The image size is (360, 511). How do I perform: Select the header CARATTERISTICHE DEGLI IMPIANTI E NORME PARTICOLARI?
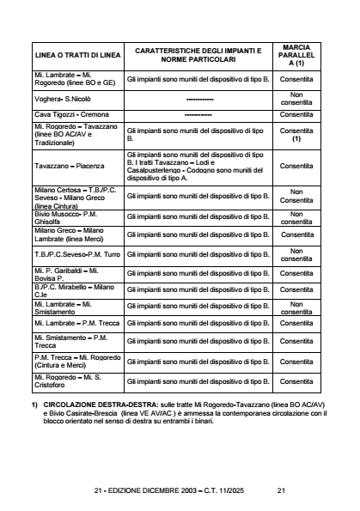click(x=198, y=55)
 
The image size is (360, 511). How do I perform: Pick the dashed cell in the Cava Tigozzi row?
click(x=198, y=115)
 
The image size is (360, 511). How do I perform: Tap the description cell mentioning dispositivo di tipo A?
click(x=198, y=166)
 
